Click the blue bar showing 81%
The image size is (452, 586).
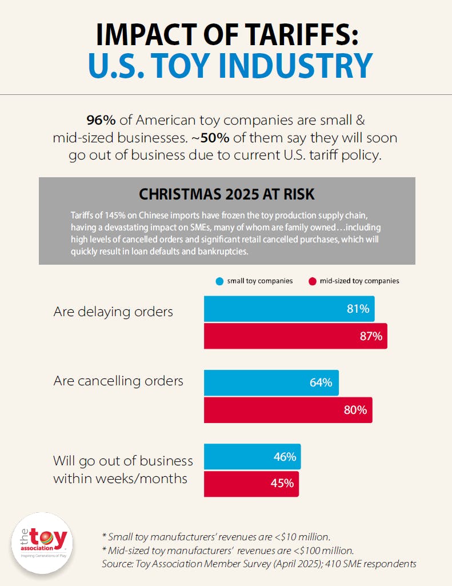[289, 309]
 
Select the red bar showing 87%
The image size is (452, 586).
[295, 336]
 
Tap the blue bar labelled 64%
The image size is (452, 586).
[271, 382]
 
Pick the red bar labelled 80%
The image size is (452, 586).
[288, 410]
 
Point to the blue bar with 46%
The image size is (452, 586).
[252, 457]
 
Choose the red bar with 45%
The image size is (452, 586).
[251, 483]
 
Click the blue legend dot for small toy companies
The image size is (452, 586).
[219, 281]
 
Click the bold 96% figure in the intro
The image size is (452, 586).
[98, 121]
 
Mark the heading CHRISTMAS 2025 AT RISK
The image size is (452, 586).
[226, 194]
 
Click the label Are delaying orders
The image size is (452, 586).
[113, 312]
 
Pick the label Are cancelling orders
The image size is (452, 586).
[118, 381]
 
